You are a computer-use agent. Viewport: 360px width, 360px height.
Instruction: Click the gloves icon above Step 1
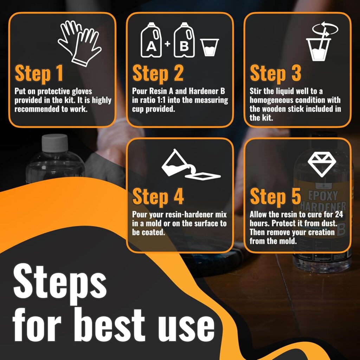pos(79,43)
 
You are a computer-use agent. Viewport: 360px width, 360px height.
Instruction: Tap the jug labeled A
pos(151,40)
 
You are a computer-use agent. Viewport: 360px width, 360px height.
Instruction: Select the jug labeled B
pos(184,40)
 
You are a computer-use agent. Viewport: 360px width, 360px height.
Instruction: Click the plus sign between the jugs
pos(168,43)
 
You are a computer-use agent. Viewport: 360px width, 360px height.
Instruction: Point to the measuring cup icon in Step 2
pos(210,47)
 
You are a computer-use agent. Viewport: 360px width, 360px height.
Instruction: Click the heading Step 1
pos(39,73)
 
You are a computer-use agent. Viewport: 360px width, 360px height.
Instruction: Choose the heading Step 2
pos(158,73)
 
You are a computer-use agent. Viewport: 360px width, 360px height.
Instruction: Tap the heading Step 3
pos(276,73)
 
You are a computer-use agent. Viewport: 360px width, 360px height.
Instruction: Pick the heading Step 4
pos(158,197)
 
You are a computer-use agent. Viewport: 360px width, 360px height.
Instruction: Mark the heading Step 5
pos(276,197)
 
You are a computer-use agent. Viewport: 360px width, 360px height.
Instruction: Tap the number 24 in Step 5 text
pos(339,215)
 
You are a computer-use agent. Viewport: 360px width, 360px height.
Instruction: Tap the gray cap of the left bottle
pos(55,143)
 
